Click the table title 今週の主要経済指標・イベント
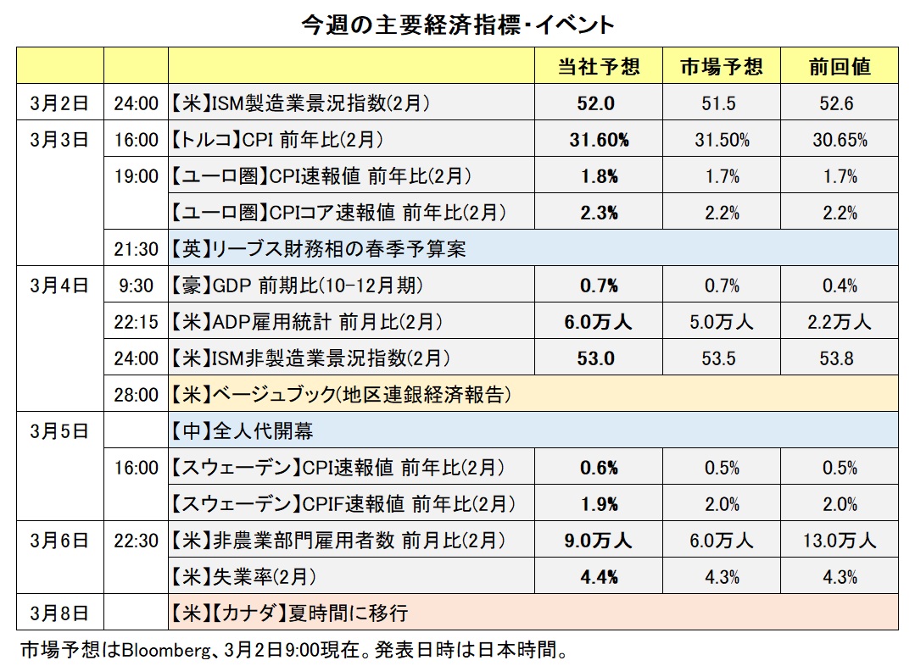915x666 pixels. pyautogui.click(x=458, y=25)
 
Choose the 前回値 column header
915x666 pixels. pyautogui.click(x=840, y=67)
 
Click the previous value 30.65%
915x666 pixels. pyautogui.click(x=840, y=141)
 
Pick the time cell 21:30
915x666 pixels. pyautogui.click(x=136, y=249)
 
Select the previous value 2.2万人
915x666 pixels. pyautogui.click(x=840, y=322)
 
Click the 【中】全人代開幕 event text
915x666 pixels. pyautogui.click(x=242, y=431)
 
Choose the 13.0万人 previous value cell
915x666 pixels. pyautogui.click(x=840, y=540)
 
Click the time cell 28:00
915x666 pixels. pyautogui.click(x=136, y=395)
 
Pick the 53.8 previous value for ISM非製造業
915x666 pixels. pyautogui.click(x=840, y=358)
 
